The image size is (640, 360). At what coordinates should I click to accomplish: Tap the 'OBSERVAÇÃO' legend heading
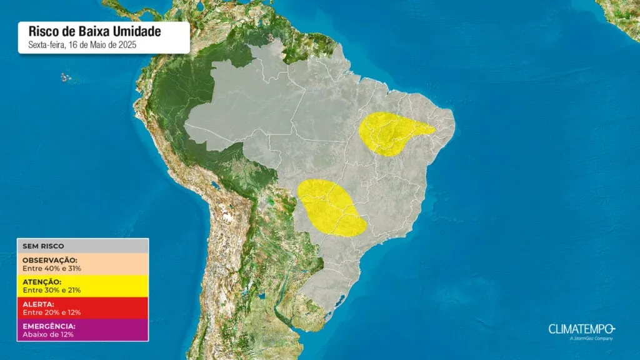pos(50,260)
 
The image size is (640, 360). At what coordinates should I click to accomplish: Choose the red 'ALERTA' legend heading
pos(39,304)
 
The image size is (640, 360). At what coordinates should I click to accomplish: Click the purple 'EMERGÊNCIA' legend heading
pos(49,326)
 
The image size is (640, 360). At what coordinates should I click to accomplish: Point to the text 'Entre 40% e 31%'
pos(52,268)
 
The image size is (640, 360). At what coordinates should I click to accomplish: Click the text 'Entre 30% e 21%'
pos(52,290)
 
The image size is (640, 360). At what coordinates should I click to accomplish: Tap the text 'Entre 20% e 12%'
pos(52,312)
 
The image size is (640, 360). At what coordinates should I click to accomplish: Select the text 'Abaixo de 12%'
pos(47,334)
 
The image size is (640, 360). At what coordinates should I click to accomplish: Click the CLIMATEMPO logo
pos(582,329)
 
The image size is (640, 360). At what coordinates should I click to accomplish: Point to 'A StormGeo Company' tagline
pos(591,339)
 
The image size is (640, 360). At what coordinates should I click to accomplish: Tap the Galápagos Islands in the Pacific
pos(64,77)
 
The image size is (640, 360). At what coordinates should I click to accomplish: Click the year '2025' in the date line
pos(128,44)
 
